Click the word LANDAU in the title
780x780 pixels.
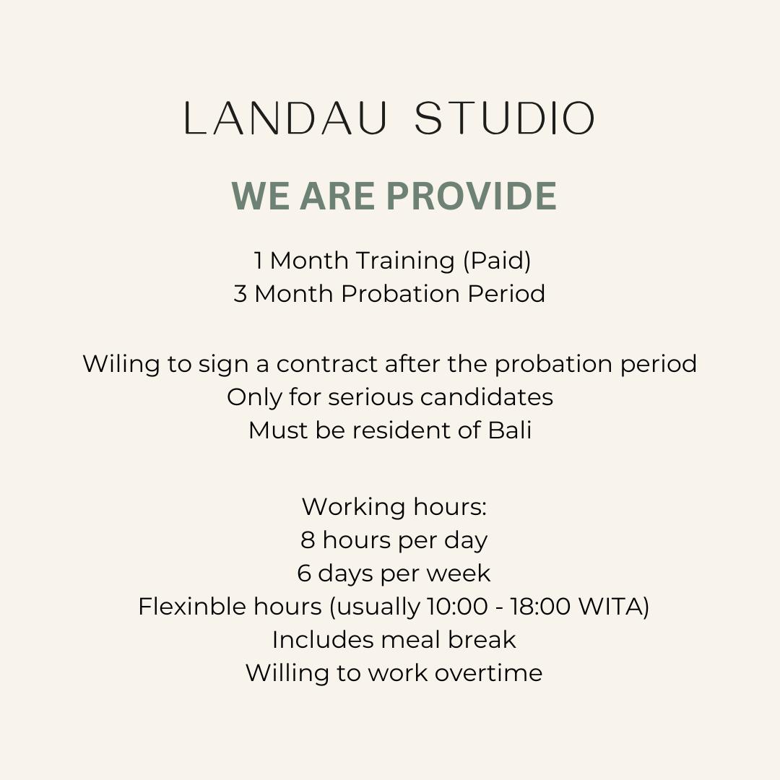click(285, 118)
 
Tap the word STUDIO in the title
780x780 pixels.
click(505, 118)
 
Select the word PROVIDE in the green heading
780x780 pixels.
click(471, 196)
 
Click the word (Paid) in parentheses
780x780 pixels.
click(497, 261)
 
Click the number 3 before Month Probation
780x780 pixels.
click(240, 294)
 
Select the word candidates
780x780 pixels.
click(487, 397)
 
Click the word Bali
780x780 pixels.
click(510, 430)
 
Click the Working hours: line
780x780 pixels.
click(394, 508)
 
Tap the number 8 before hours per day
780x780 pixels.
click(308, 540)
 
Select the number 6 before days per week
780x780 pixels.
click(304, 573)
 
